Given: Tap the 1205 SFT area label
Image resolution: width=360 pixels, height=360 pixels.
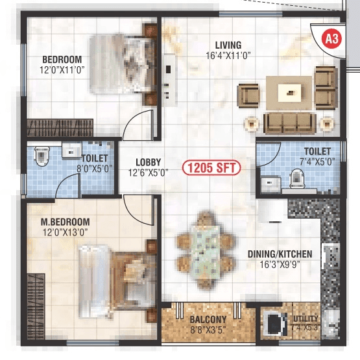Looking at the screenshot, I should click(x=211, y=168).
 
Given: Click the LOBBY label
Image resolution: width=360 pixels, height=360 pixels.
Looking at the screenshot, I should click(x=149, y=162).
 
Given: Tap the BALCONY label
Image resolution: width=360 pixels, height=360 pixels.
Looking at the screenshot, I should click(x=208, y=319).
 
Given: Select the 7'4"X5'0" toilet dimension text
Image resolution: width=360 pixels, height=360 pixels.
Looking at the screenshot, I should click(x=317, y=162).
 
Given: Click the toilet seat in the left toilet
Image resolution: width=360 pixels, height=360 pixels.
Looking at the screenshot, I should click(x=43, y=156).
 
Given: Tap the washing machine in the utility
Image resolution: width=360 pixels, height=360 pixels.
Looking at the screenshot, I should click(x=274, y=324).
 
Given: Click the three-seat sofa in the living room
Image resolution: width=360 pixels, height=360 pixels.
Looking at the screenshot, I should click(x=285, y=121).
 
